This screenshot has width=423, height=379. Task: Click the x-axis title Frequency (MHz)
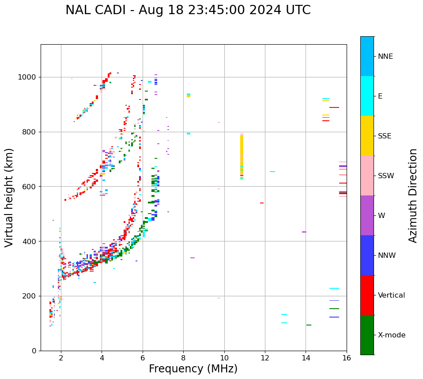193,369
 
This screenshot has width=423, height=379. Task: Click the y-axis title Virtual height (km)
9,197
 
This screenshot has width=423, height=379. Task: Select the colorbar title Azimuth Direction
413,195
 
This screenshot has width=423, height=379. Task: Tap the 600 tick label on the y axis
29,187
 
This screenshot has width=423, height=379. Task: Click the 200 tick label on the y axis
29,296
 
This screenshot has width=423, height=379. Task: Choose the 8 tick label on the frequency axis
183,358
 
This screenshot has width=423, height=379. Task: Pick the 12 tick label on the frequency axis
265,358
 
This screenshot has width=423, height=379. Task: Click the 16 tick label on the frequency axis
347,358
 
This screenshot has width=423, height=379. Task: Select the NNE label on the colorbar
385,57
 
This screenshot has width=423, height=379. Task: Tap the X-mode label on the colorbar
392,335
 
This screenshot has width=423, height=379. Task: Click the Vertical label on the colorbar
391,295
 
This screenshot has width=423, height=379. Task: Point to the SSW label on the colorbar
386,176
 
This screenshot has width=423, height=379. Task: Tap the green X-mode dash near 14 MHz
309,325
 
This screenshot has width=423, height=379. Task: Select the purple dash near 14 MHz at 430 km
304,232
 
